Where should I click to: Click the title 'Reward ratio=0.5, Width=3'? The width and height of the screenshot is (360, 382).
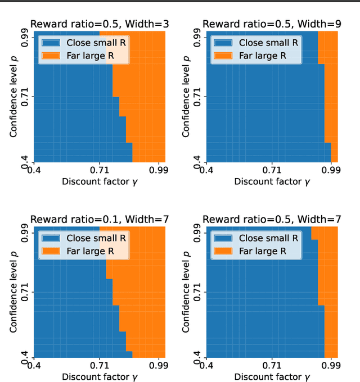pyautogui.click(x=99, y=24)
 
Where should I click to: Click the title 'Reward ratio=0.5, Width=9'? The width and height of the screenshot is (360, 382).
pyautogui.click(x=272, y=24)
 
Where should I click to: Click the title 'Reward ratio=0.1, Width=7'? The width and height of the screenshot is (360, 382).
pyautogui.click(x=99, y=219)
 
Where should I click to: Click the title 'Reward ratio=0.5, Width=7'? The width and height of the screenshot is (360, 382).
pyautogui.click(x=272, y=219)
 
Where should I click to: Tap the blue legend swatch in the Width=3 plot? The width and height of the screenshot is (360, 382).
pyautogui.click(x=51, y=43)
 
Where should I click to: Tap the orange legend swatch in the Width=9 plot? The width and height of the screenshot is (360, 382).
pyautogui.click(x=223, y=55)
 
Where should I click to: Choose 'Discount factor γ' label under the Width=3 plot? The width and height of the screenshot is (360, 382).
pyautogui.click(x=99, y=181)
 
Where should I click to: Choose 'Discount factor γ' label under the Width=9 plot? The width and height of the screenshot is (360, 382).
pyautogui.click(x=272, y=181)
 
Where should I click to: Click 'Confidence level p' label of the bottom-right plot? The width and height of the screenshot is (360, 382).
pyautogui.click(x=186, y=292)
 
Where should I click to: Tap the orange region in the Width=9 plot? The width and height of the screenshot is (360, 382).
pyautogui.click(x=332, y=112)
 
